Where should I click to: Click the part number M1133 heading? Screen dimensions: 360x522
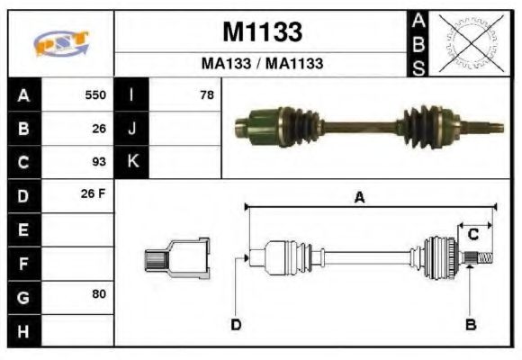261,33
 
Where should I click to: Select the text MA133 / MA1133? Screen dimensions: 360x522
261,65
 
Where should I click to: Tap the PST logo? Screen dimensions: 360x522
61,43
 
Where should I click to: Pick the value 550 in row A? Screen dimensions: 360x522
95,94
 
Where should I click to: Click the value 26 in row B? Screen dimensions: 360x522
99,128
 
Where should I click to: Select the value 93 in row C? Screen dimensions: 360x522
99,162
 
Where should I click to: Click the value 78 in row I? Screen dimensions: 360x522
206,94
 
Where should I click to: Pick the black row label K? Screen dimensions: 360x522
131,162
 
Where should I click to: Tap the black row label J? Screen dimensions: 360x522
131,128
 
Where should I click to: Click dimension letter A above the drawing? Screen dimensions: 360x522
359,198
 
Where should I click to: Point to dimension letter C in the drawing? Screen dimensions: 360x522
472,235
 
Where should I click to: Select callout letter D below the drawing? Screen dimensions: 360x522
236,325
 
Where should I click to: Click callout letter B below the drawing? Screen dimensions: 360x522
470,325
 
